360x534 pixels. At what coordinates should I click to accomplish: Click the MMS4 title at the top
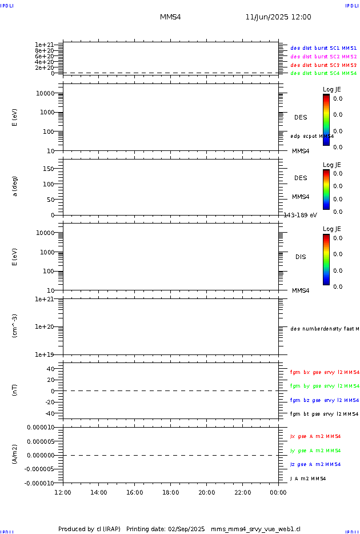point(170,17)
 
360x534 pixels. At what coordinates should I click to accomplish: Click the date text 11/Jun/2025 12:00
point(278,17)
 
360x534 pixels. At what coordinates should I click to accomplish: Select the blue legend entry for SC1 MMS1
point(323,49)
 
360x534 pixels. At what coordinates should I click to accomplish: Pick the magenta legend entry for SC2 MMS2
point(323,57)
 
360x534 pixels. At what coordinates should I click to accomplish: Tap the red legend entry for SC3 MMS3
point(323,65)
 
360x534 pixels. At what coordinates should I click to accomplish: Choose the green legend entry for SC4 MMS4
point(323,73)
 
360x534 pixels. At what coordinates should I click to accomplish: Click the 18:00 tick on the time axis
point(171,492)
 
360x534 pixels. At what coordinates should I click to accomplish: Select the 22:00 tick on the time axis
point(242,492)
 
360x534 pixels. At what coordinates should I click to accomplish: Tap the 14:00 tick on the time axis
point(99,492)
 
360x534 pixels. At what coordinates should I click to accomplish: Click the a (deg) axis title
point(15,186)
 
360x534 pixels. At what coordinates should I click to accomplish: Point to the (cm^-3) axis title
point(15,326)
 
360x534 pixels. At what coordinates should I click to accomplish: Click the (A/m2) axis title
point(15,455)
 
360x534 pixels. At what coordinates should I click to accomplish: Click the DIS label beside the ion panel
point(301,257)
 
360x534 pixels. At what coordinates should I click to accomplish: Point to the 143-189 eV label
point(300,215)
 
